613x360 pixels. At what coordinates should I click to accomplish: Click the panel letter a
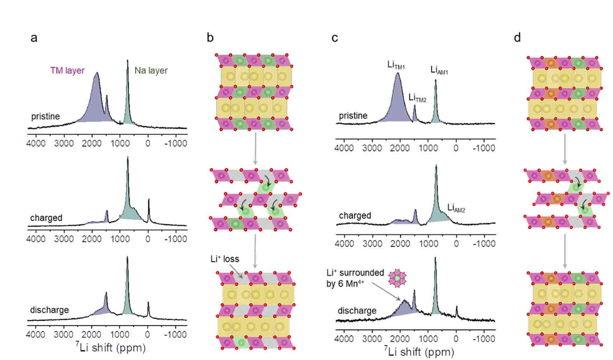click(x=34, y=38)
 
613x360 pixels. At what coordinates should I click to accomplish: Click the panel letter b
click(x=210, y=37)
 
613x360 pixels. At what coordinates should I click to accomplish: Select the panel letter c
click(x=334, y=38)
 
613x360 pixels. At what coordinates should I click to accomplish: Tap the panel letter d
click(x=517, y=37)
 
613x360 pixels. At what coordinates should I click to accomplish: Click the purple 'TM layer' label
click(x=67, y=71)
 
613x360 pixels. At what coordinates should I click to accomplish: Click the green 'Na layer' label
click(x=151, y=71)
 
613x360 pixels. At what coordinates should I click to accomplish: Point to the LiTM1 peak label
click(x=396, y=65)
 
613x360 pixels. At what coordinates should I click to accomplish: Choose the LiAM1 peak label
click(x=439, y=70)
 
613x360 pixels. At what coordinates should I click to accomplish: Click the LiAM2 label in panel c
click(x=456, y=208)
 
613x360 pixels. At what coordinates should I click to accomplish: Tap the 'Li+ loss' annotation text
click(x=225, y=259)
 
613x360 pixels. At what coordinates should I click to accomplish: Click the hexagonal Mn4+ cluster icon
click(x=397, y=278)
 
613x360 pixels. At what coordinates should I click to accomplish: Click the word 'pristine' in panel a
click(x=45, y=117)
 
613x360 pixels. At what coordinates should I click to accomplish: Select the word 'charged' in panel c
click(x=355, y=216)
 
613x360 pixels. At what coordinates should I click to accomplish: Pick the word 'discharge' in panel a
click(x=49, y=310)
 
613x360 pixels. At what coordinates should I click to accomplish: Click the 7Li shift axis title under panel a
click(x=110, y=347)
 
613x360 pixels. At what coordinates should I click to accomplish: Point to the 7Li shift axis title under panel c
click(x=418, y=351)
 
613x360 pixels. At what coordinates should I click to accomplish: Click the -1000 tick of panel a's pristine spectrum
click(x=176, y=143)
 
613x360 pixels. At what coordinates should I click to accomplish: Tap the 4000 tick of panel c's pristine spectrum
click(x=344, y=148)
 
